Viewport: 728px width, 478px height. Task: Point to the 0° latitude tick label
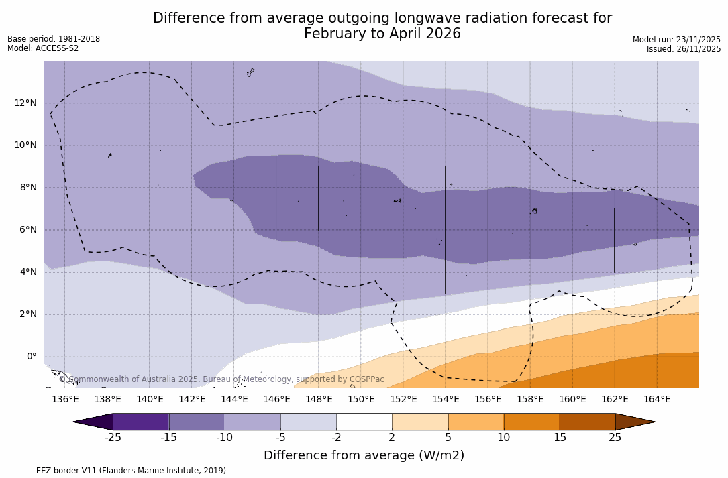pos(32,357)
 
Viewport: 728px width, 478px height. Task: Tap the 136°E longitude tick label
pos(65,399)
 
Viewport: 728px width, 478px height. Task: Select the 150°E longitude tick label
pos(361,399)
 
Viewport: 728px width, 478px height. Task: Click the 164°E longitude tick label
pos(657,399)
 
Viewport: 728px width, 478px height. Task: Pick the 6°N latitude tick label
pos(28,229)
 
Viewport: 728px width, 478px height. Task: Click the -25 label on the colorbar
pos(113,438)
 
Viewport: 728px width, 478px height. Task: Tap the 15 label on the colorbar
pos(559,438)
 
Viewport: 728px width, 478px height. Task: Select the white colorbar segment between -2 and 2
pos(364,422)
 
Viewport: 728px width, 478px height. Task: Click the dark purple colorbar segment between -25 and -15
pos(141,422)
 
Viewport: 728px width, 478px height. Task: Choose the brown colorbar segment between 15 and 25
pos(587,422)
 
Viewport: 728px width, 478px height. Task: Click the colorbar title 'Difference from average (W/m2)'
pos(364,456)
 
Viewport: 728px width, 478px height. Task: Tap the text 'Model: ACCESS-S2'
pos(43,48)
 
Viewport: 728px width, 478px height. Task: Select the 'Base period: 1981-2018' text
pos(54,39)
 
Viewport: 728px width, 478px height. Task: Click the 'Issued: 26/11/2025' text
pos(684,49)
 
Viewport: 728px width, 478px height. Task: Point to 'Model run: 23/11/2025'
pos(676,40)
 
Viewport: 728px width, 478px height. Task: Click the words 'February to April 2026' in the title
pos(382,34)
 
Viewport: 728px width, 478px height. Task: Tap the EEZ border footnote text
pos(118,471)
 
